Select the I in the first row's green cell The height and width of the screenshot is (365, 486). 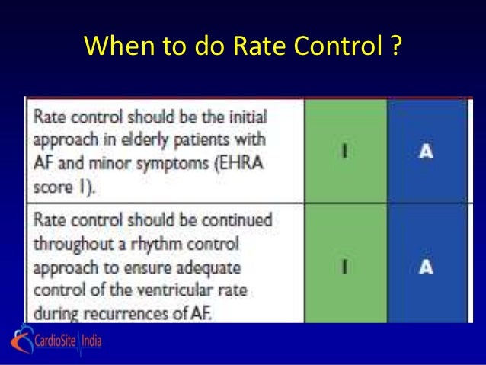[345, 151]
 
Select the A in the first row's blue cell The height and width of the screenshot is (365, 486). [427, 151]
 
